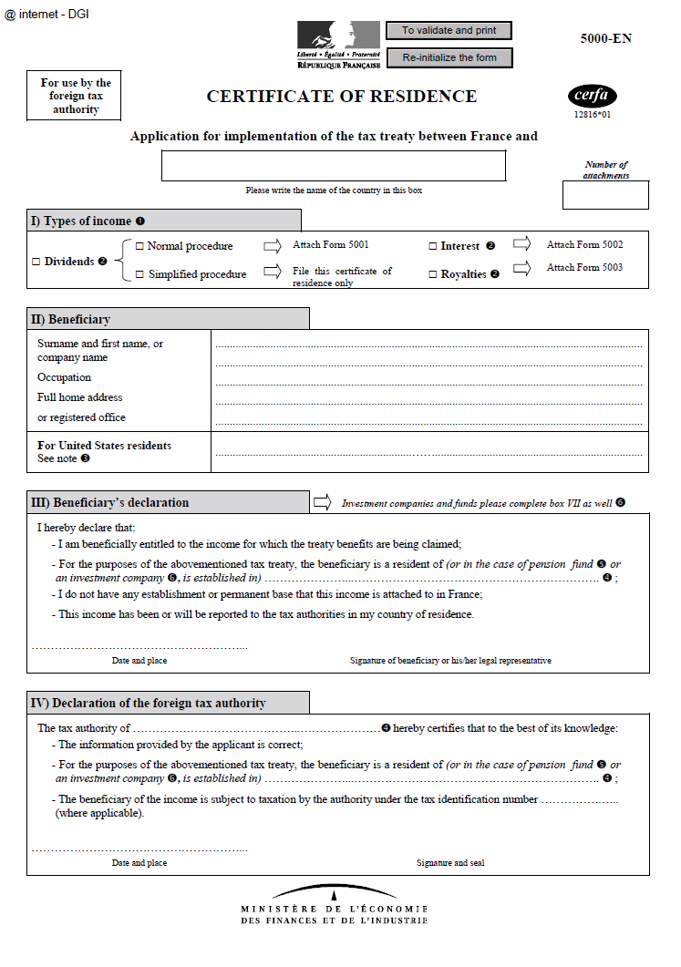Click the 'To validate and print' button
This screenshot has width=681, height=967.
pyautogui.click(x=449, y=31)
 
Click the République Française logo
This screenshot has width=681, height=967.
pyautogui.click(x=338, y=46)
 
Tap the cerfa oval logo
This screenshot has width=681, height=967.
pyautogui.click(x=593, y=96)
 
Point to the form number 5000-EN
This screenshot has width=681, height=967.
pyautogui.click(x=605, y=38)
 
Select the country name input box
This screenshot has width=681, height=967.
pyautogui.click(x=333, y=165)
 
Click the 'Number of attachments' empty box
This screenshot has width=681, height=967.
pyautogui.click(x=604, y=195)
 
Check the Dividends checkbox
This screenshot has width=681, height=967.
pyautogui.click(x=36, y=262)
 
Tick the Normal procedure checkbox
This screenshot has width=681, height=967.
pyautogui.click(x=139, y=246)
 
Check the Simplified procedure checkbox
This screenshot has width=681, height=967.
pyautogui.click(x=139, y=274)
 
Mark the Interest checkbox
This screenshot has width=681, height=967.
pyautogui.click(x=433, y=246)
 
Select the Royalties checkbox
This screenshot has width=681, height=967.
pyautogui.click(x=433, y=274)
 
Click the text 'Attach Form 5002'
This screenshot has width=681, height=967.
pyautogui.click(x=584, y=245)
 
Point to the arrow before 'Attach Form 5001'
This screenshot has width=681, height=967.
pyautogui.click(x=273, y=245)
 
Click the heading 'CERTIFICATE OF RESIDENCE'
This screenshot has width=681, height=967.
pyautogui.click(x=341, y=97)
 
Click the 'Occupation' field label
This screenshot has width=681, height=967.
pyautogui.click(x=64, y=377)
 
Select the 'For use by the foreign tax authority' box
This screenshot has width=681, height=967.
pyautogui.click(x=76, y=96)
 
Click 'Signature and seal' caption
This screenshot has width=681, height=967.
pyautogui.click(x=450, y=862)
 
